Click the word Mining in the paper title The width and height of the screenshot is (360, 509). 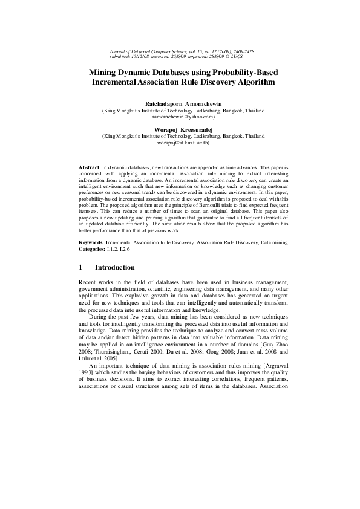point(106,71)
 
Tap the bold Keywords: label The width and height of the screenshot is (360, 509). point(92,242)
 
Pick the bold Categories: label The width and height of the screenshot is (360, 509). point(94,248)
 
